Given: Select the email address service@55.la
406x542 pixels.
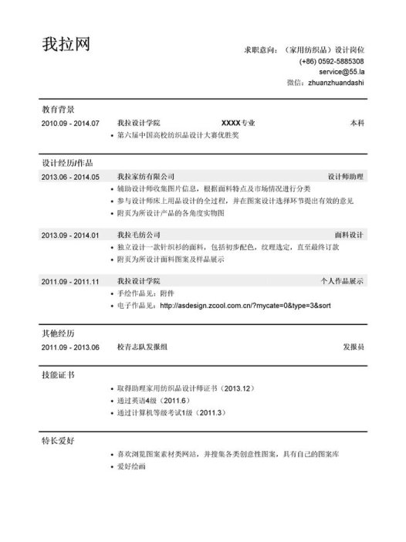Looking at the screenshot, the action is pos(336,72).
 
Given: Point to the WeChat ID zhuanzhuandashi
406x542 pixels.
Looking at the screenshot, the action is pos(335,83).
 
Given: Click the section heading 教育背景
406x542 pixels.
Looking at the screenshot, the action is pos(58,110).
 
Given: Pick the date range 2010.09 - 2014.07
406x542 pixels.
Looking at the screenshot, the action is pos(70,124).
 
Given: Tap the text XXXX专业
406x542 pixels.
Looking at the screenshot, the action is pos(238,124).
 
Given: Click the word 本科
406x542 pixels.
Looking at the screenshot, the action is pos(357,124).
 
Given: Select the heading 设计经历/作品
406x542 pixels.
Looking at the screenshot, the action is pos(67,164).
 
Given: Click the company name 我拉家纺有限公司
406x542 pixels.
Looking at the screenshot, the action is pos(146,177).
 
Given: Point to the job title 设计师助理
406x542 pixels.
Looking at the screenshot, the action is pos(345,177).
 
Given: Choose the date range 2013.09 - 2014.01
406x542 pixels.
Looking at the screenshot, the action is pos(70,235).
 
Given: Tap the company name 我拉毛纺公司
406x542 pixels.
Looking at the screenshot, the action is pos(139,235).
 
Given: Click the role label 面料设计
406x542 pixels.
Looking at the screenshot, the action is pos(349,235).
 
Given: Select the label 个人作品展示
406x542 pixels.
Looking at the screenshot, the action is pos(342,281).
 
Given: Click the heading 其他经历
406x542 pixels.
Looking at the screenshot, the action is pos(58,334).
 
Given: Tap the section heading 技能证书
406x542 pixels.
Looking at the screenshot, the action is pos(58,375).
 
